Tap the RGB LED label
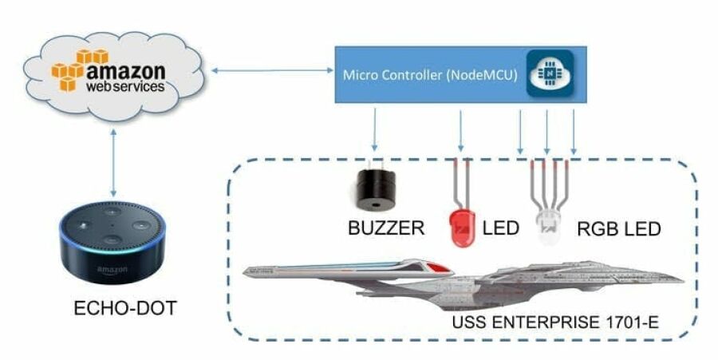(x=619, y=230)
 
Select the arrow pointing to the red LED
(x=460, y=133)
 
